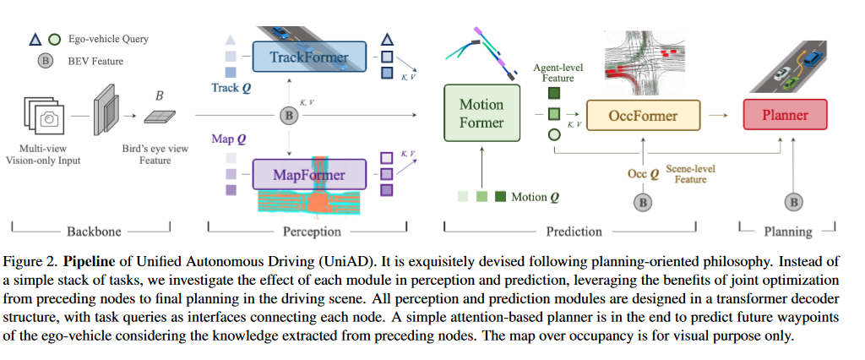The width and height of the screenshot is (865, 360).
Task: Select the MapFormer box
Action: pos(310,176)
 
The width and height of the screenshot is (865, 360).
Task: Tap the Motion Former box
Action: pos(481,114)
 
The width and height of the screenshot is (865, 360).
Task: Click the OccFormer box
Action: pos(643,114)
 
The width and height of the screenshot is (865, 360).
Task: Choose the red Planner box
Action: pos(785,114)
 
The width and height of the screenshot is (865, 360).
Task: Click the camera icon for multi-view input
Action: pos(50,118)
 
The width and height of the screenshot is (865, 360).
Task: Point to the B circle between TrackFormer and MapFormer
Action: pos(290,115)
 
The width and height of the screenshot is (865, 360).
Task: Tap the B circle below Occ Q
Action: pos(644,202)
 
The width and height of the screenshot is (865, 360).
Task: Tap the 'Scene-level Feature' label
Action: pos(691,174)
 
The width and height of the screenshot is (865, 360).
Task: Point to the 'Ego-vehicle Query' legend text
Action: pos(115,38)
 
